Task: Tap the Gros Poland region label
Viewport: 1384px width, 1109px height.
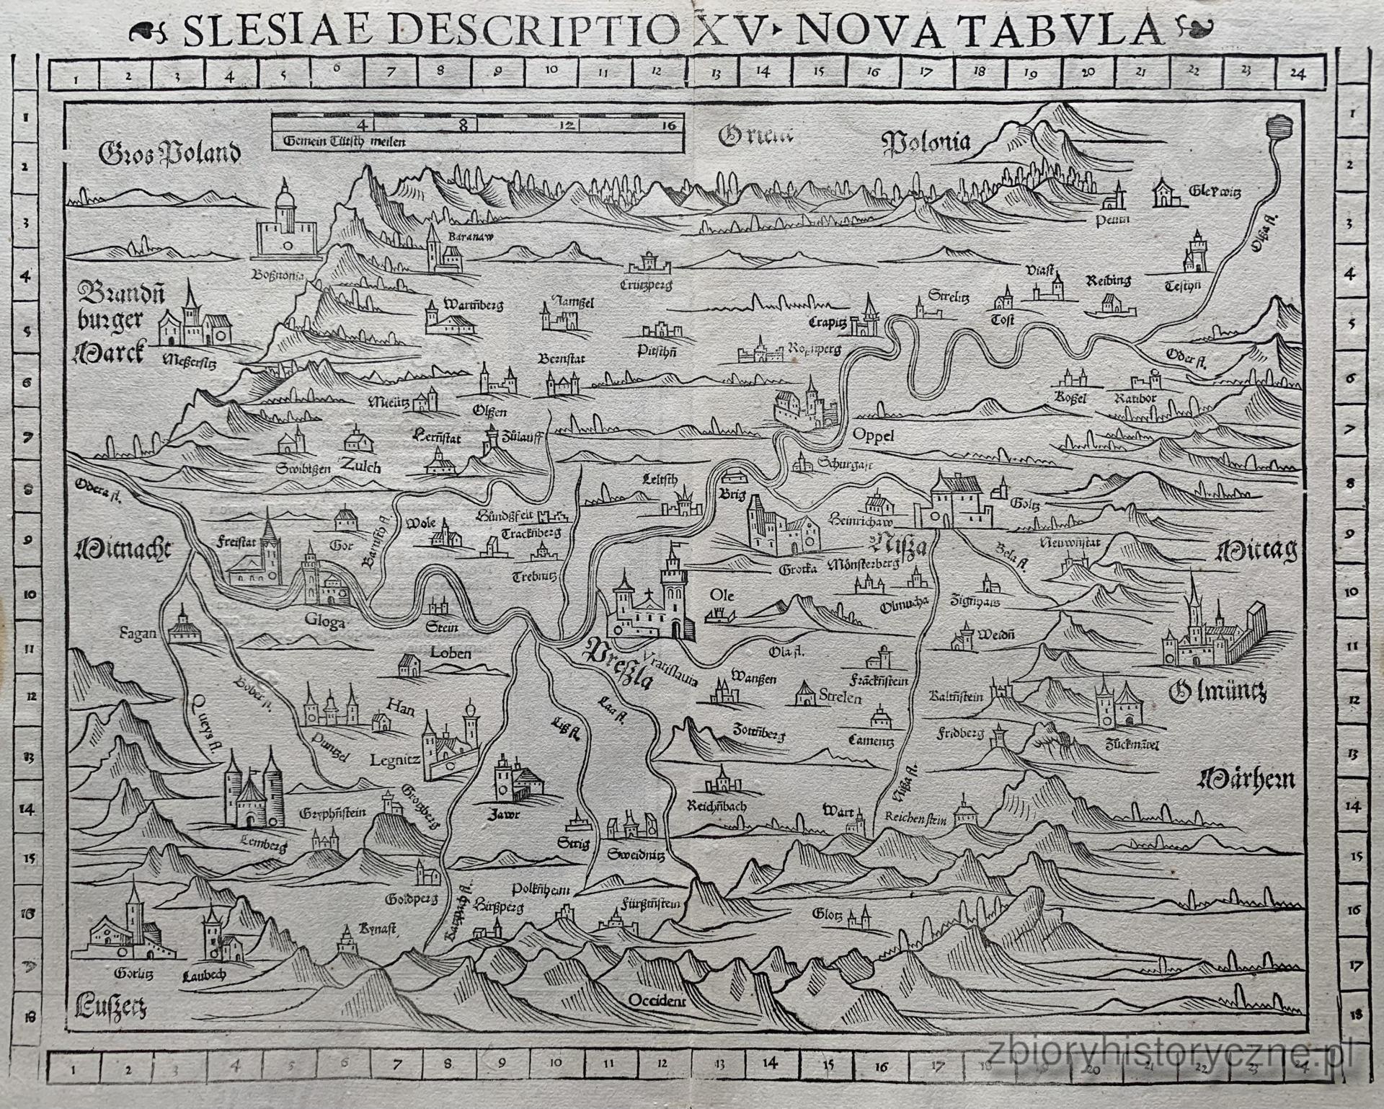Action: pos(170,152)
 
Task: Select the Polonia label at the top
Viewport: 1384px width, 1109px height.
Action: pos(927,142)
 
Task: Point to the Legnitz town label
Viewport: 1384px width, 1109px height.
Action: pos(394,760)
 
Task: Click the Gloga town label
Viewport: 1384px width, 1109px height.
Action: pos(324,621)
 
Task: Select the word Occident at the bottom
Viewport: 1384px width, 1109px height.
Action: pos(657,1000)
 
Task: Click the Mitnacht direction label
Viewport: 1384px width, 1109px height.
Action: pos(123,551)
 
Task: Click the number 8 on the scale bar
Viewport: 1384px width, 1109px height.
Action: pos(463,124)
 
